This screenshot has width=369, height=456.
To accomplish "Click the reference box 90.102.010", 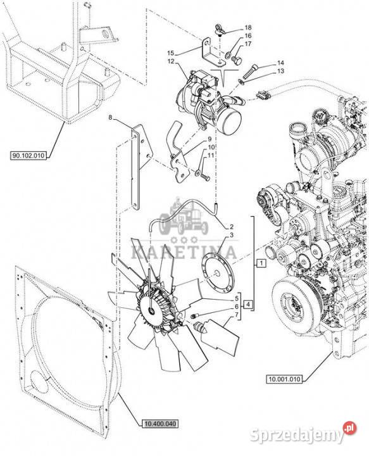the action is pyautogui.click(x=28, y=156).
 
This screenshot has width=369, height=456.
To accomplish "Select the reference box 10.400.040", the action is pyautogui.click(x=159, y=424).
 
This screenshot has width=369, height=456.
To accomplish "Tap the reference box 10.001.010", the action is pyautogui.click(x=284, y=379).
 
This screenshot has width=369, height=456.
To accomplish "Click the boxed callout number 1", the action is pyautogui.click(x=261, y=263).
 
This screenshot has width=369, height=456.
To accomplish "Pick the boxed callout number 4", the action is pyautogui.click(x=248, y=305).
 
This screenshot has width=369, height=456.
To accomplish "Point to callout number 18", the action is pyautogui.click(x=248, y=28).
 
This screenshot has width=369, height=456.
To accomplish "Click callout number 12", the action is pyautogui.click(x=170, y=61).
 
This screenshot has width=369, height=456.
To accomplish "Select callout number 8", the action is pyautogui.click(x=110, y=118).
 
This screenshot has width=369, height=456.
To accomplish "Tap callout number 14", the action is pyautogui.click(x=280, y=63).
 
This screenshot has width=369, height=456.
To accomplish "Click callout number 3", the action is pyautogui.click(x=232, y=235).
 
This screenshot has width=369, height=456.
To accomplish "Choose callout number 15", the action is pyautogui.click(x=170, y=53).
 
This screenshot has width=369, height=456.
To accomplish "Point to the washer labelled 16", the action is pyautogui.click(x=228, y=54).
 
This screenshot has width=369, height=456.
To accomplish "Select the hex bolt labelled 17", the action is pyautogui.click(x=237, y=61).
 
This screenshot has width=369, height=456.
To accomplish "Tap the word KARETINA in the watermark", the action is pyautogui.click(x=184, y=251).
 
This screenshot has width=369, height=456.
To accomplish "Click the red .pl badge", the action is pyautogui.click(x=349, y=428).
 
